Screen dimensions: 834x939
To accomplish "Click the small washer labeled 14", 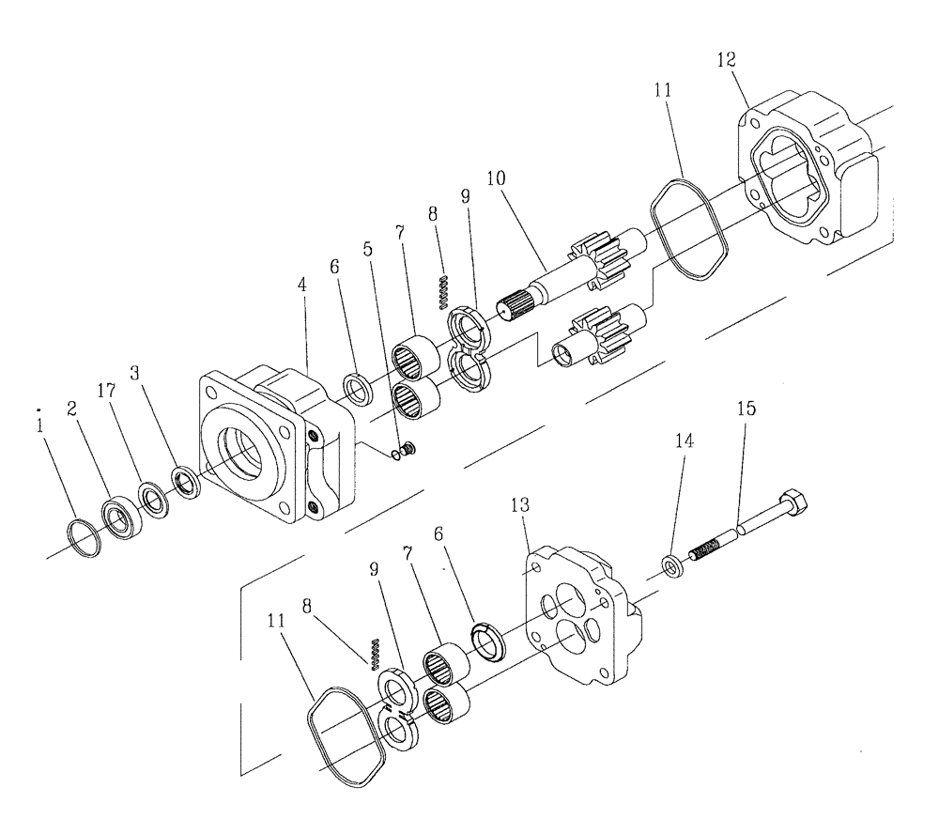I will [670, 566].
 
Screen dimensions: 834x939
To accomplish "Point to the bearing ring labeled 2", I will [121, 516].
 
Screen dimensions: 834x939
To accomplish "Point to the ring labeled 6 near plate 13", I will [486, 644].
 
